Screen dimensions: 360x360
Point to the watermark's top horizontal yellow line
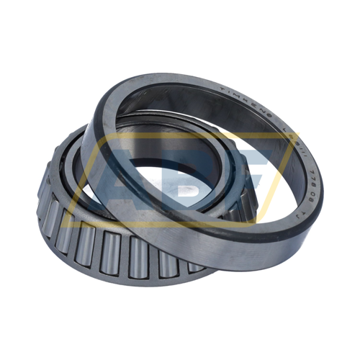180,135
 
